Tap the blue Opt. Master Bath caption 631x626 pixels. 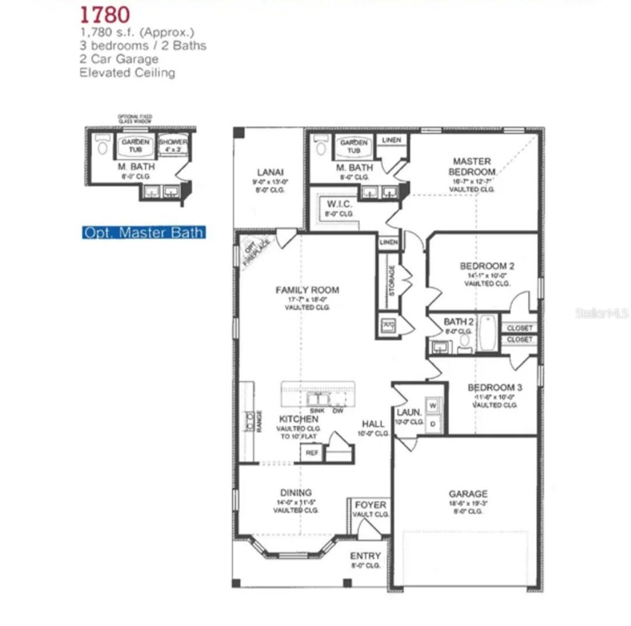(x=144, y=232)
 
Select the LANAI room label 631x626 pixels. (x=270, y=172)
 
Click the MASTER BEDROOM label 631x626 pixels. (x=472, y=166)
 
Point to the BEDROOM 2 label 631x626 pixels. (x=487, y=266)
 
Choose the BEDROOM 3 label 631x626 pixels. (x=495, y=387)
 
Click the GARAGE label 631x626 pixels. (x=468, y=494)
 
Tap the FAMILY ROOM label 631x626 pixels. (x=307, y=290)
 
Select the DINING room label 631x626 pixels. (x=296, y=492)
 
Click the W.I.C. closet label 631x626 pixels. (x=338, y=205)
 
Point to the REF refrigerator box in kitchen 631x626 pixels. (x=312, y=453)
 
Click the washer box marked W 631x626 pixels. (x=433, y=405)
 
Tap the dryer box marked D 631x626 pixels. (x=433, y=424)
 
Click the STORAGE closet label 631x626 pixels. (x=392, y=280)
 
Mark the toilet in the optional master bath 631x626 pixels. (x=103, y=146)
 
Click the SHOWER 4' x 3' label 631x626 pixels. (x=173, y=146)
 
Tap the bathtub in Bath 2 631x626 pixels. (x=487, y=333)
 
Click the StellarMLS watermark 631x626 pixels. (x=601, y=314)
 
